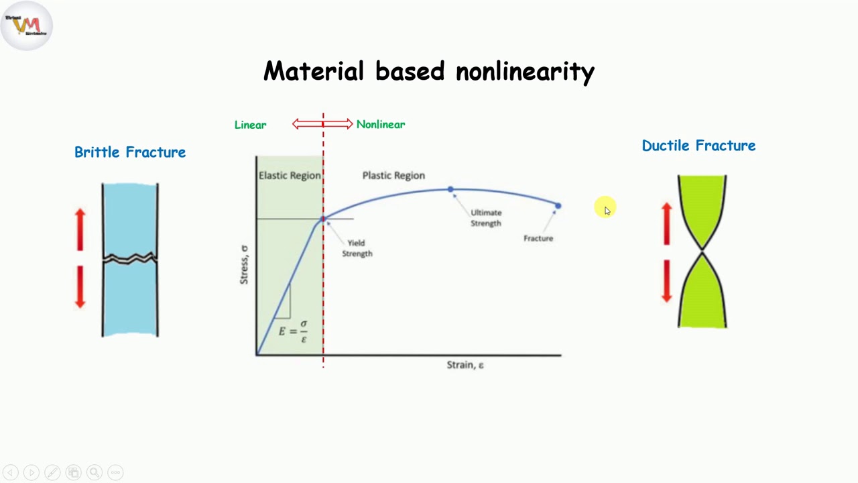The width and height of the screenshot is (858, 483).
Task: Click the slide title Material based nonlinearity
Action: click(429, 71)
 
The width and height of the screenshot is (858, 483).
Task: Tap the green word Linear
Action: click(250, 125)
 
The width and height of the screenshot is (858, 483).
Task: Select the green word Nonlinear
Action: click(380, 124)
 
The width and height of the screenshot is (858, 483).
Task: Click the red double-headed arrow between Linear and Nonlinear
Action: click(322, 123)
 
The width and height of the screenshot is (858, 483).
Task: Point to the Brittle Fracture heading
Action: click(130, 152)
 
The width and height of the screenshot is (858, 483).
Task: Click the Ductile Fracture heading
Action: click(698, 146)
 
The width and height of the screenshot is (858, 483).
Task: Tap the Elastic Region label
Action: click(290, 175)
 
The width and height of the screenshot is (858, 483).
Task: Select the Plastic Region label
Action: click(393, 175)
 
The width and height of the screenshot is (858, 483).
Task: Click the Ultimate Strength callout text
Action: click(486, 217)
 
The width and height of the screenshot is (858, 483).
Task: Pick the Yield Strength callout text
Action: click(357, 248)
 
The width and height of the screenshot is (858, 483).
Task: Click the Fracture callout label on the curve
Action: click(538, 238)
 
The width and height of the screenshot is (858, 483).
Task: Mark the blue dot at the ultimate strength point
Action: click(450, 190)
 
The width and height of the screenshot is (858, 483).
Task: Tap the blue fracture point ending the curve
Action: click(558, 206)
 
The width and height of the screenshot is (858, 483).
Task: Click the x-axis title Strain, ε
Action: click(465, 365)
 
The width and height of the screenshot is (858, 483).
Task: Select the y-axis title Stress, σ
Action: click(244, 264)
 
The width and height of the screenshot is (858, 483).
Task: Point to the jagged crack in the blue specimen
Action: click(130, 258)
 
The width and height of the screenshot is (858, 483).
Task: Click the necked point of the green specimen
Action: click(702, 251)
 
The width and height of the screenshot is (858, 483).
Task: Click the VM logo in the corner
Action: click(27, 25)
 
